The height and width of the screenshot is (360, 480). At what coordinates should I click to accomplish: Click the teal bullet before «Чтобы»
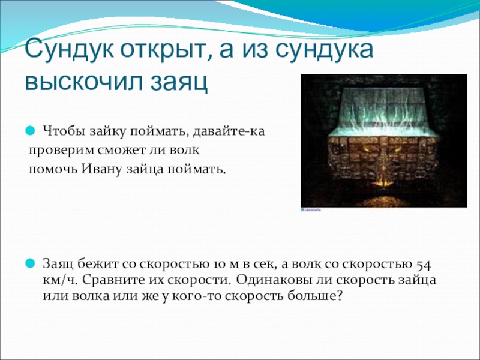tap(31, 131)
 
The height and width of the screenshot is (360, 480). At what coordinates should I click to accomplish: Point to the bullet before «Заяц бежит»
tap(31, 263)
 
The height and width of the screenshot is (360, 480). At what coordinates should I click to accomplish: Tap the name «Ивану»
tap(101, 170)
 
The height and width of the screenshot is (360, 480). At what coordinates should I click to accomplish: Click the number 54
tap(423, 265)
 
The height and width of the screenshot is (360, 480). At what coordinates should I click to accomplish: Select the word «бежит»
tap(98, 264)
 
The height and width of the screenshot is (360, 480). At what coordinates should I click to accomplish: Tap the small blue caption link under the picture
tap(311, 209)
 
